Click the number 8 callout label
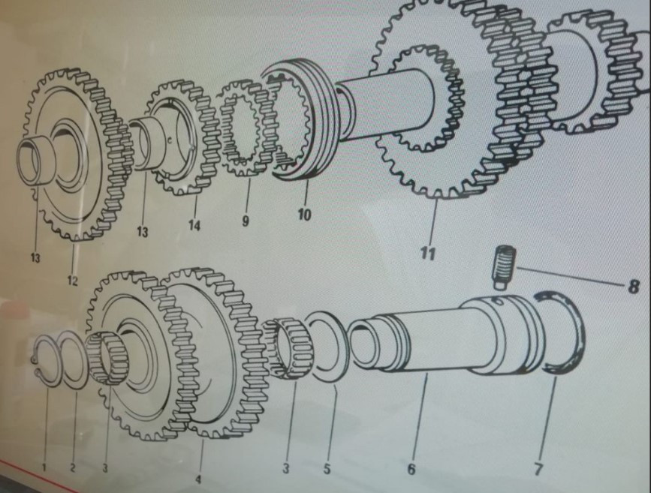(x=632, y=287)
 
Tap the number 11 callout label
(x=428, y=253)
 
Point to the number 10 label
(x=304, y=215)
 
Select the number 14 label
(x=194, y=225)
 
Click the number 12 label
(x=72, y=281)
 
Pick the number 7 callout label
(x=538, y=469)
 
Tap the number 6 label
(x=411, y=469)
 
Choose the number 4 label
(x=198, y=479)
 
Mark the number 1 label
(x=44, y=467)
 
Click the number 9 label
(x=246, y=221)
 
